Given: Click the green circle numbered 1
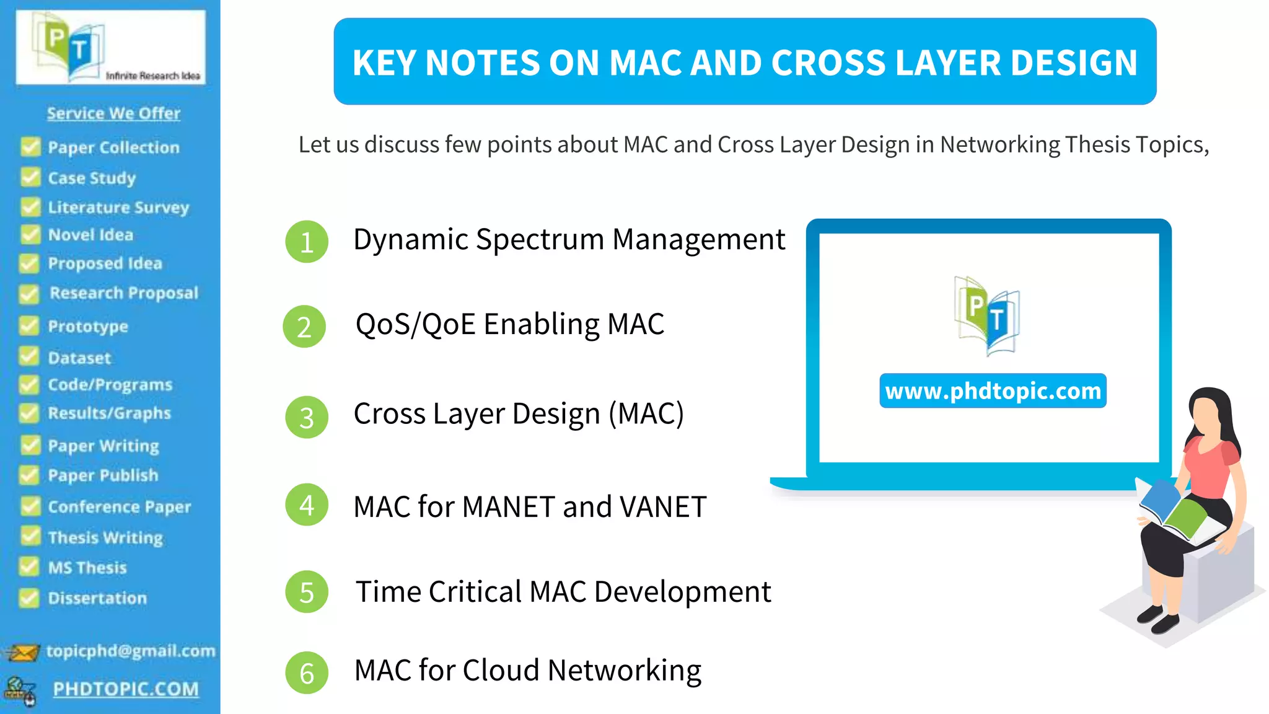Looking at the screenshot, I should [x=306, y=242].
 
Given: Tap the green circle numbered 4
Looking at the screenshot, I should [x=306, y=505].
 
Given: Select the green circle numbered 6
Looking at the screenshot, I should [x=306, y=672].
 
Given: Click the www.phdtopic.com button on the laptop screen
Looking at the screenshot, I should [x=993, y=391].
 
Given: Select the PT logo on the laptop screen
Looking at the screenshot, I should [x=987, y=315].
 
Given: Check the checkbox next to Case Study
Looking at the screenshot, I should [x=30, y=177].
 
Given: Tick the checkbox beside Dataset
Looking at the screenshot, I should [x=29, y=357].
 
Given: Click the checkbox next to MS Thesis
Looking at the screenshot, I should [x=29, y=566].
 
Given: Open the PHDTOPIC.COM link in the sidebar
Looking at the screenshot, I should [x=126, y=689].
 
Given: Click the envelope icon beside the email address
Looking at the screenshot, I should [x=22, y=652].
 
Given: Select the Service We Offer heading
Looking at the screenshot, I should [x=113, y=113].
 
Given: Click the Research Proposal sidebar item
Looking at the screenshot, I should [x=124, y=293].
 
